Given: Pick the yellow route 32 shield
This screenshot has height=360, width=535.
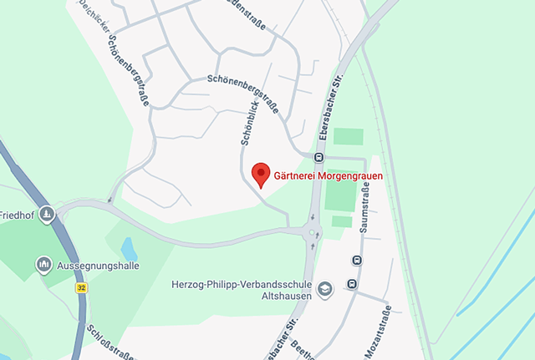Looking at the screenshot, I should [81, 287].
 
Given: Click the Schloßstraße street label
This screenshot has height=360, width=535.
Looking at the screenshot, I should [110, 343].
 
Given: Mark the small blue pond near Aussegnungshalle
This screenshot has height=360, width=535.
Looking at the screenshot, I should [129, 248].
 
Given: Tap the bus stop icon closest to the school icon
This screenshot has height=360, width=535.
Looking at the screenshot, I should [351, 283].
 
